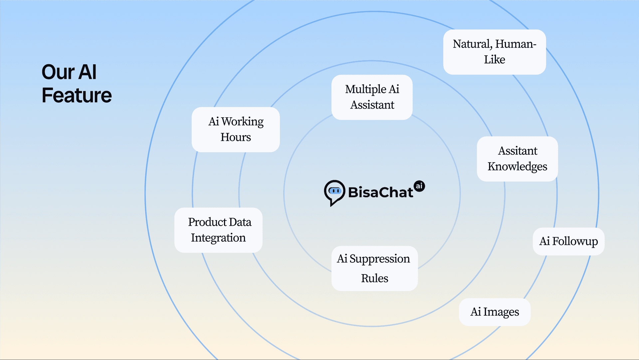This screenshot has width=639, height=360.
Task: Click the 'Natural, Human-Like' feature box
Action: pyautogui.click(x=494, y=52)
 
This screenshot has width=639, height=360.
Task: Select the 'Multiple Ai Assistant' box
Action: pyautogui.click(x=372, y=97)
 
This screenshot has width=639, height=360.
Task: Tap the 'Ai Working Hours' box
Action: pyautogui.click(x=236, y=130)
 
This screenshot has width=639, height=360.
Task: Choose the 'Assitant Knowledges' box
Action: pyautogui.click(x=517, y=159)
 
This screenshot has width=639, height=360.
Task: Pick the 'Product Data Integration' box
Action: pyautogui.click(x=218, y=230)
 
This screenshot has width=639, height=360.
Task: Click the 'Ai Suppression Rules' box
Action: pyautogui.click(x=374, y=268)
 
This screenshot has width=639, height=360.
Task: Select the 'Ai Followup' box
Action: pyautogui.click(x=568, y=241)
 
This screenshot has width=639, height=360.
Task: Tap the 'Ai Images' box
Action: pyautogui.click(x=495, y=312)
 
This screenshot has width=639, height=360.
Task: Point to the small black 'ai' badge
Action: pyautogui.click(x=419, y=186)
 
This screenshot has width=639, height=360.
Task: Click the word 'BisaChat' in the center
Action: pyautogui.click(x=380, y=192)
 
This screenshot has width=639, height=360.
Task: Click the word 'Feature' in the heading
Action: pyautogui.click(x=77, y=96)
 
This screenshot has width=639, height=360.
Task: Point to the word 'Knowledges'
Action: pyautogui.click(x=517, y=167)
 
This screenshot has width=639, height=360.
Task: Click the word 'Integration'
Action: pyautogui.click(x=218, y=238)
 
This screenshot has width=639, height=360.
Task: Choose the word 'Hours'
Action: pyautogui.click(x=236, y=137)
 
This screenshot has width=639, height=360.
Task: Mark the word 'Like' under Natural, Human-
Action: pyautogui.click(x=494, y=60)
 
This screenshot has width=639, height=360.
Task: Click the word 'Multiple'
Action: pyautogui.click(x=365, y=89)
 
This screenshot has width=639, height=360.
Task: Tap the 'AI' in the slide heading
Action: pyautogui.click(x=88, y=72)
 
